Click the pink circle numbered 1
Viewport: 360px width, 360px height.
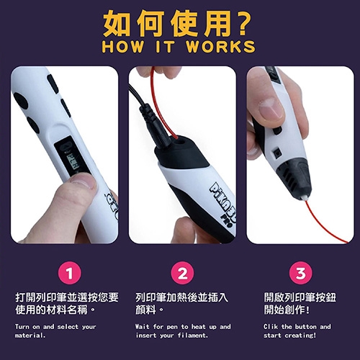[x=70, y=274]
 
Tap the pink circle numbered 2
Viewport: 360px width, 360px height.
[x=182, y=274]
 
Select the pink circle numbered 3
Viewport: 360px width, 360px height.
[x=300, y=274]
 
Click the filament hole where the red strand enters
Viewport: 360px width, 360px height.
[x=179, y=142]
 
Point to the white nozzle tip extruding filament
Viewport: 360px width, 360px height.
[x=303, y=198]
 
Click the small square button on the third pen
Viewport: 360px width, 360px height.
[x=277, y=152]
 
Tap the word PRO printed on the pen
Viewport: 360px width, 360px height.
[x=226, y=220]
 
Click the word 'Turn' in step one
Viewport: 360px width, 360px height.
[x=22, y=327]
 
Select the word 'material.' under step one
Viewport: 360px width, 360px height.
[x=30, y=336]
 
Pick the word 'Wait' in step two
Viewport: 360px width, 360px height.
[x=143, y=327]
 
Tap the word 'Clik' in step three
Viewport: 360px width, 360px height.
[x=271, y=327]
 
